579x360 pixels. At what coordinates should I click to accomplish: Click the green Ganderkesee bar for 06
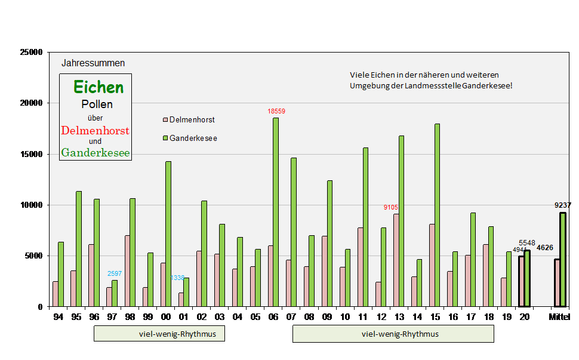(276, 212)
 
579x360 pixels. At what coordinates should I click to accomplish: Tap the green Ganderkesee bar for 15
(437, 215)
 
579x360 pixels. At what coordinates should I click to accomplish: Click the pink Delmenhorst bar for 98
(127, 271)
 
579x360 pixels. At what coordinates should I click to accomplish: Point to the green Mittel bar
(563, 260)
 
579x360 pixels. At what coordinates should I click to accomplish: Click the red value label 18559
(276, 111)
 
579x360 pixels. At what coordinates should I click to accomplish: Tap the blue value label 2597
(115, 273)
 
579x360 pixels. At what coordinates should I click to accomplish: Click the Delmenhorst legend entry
(188, 120)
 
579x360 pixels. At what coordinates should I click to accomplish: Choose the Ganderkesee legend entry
(189, 139)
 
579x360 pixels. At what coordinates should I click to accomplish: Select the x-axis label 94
(58, 316)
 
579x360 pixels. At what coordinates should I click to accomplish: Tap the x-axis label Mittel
(559, 316)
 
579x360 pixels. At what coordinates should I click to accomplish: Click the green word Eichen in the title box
(98, 87)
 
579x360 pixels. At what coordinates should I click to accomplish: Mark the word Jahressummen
(93, 63)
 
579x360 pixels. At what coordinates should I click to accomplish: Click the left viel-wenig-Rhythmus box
(159, 334)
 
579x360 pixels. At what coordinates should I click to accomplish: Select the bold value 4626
(544, 247)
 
